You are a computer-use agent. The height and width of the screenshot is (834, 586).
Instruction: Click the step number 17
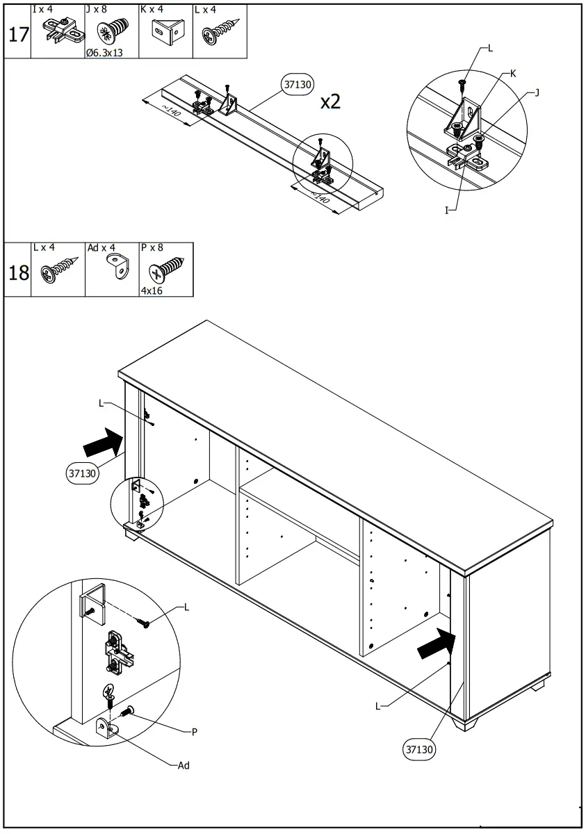click(x=17, y=35)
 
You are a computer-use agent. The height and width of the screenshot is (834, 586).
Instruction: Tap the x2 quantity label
click(x=331, y=101)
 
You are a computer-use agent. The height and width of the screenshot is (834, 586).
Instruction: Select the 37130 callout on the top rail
click(x=298, y=85)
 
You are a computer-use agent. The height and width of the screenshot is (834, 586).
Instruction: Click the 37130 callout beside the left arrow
click(x=82, y=473)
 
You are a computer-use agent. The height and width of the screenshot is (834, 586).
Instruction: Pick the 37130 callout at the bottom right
click(x=421, y=749)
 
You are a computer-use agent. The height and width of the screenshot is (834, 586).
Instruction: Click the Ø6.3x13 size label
click(x=104, y=52)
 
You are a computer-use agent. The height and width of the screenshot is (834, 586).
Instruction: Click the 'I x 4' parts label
click(x=42, y=9)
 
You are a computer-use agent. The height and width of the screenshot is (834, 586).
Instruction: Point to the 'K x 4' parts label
click(x=152, y=9)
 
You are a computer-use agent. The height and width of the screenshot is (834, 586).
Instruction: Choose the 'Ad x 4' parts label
click(x=100, y=247)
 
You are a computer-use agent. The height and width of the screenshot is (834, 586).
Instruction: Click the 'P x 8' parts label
click(x=152, y=247)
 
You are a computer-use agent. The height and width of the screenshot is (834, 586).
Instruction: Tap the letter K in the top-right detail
click(x=513, y=73)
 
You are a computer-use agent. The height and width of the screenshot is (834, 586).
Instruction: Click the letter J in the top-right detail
click(x=537, y=92)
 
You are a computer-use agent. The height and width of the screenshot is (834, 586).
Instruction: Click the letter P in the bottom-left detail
click(x=195, y=731)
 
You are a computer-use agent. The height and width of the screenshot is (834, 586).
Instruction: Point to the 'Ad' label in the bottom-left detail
click(x=184, y=765)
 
